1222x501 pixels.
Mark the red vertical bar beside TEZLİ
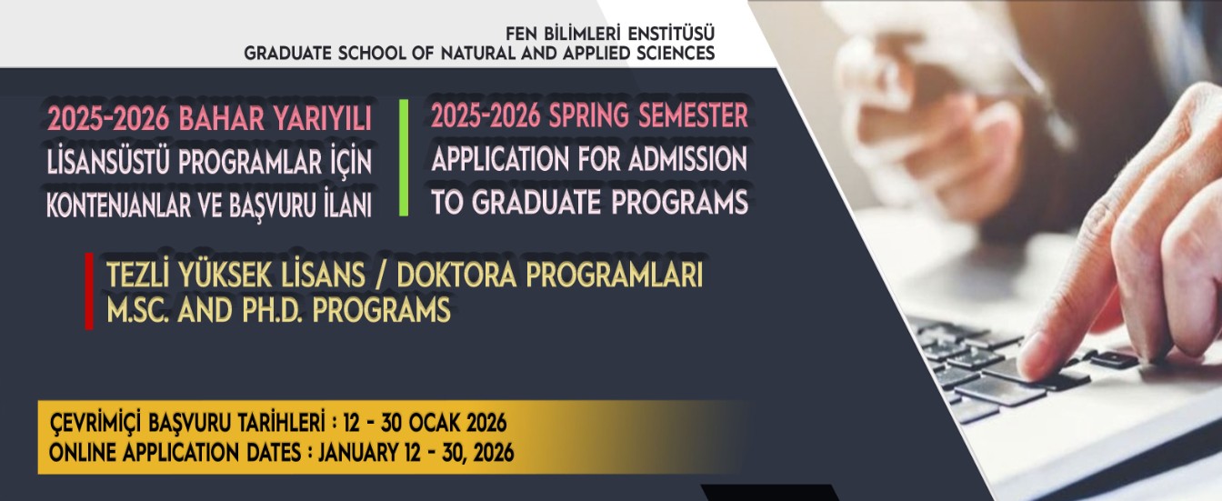(88, 291)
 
